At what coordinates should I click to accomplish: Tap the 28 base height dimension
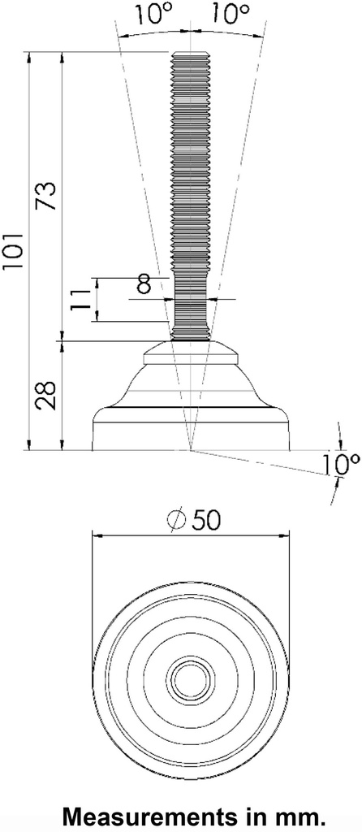(x=48, y=395)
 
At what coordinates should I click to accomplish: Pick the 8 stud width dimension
(x=144, y=284)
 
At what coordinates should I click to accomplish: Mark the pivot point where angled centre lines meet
(x=190, y=449)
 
